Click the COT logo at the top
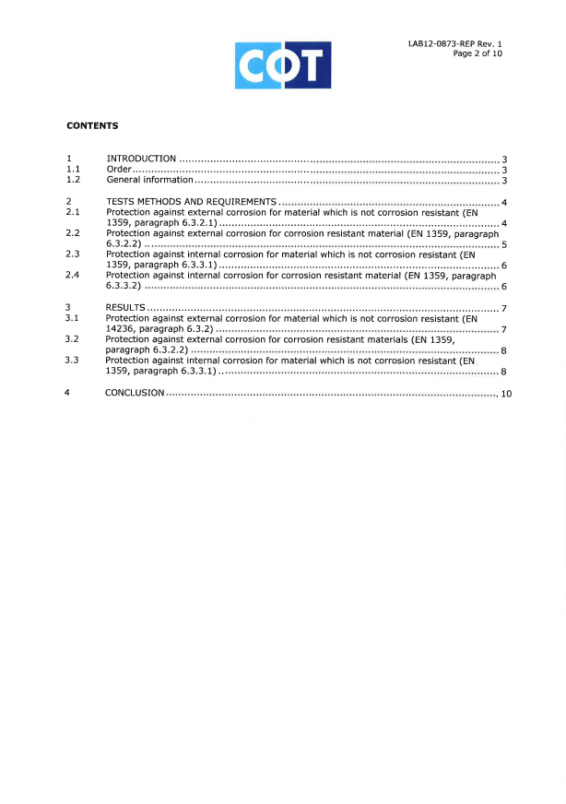pos(283,65)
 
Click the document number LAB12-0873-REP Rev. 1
pos(455,43)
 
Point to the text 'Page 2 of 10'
pos(478,53)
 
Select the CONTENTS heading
pos(92,125)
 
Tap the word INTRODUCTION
pos(141,160)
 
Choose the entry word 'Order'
pos(120,170)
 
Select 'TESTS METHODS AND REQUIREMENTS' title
pos(191,202)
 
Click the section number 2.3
pos(73,254)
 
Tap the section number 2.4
pos(73,275)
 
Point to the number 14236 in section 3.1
pos(120,328)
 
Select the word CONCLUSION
pos(135,393)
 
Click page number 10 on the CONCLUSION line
pos(506,395)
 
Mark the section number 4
pos(67,393)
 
